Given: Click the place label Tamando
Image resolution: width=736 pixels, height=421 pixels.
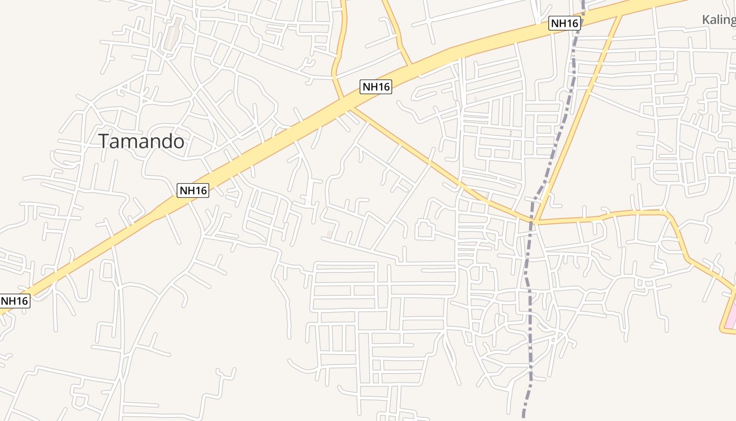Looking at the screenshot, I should [141, 142].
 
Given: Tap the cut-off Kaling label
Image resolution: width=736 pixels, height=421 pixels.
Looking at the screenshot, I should [719, 20].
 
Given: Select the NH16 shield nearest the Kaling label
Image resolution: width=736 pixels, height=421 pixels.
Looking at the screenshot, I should [564, 23].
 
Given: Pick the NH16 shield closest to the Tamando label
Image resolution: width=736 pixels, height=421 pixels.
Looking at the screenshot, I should [193, 191].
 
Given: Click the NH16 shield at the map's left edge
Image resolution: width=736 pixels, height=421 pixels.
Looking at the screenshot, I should [15, 301].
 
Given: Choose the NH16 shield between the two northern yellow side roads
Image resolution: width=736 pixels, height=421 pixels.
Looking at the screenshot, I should [376, 87].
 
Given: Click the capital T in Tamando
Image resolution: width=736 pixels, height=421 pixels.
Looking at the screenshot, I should [104, 142].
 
